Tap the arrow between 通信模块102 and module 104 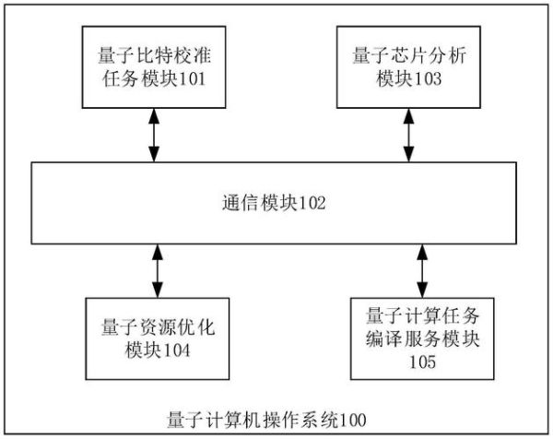[157, 270]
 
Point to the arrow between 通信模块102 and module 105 [422, 267]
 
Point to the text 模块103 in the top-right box [404, 81]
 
